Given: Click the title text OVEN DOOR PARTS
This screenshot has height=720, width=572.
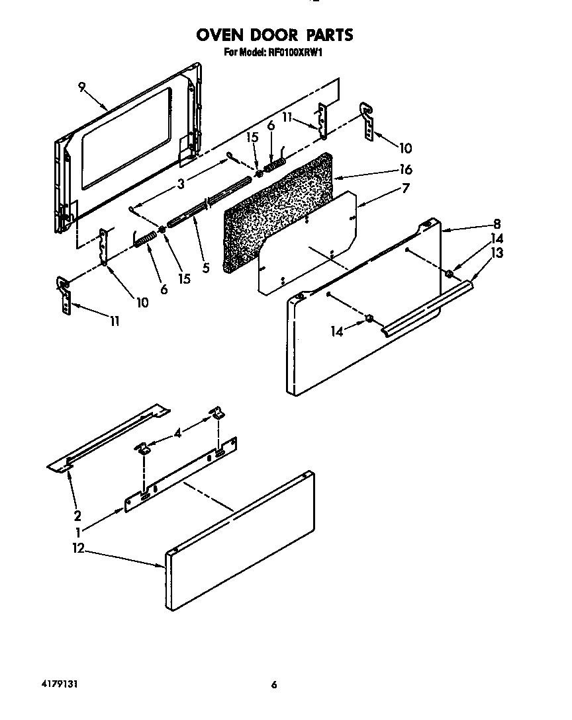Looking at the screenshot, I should click(274, 34).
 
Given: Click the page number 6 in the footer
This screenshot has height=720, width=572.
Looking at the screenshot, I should click(273, 684).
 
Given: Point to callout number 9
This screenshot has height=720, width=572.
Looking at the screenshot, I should click(81, 86).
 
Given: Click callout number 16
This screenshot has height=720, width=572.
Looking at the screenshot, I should click(406, 170).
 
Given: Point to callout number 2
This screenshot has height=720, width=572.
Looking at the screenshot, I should click(77, 516).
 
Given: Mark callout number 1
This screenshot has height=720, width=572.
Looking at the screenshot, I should click(78, 531).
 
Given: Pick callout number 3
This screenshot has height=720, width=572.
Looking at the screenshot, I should click(181, 184).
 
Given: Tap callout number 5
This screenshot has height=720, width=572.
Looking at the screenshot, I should click(205, 268).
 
